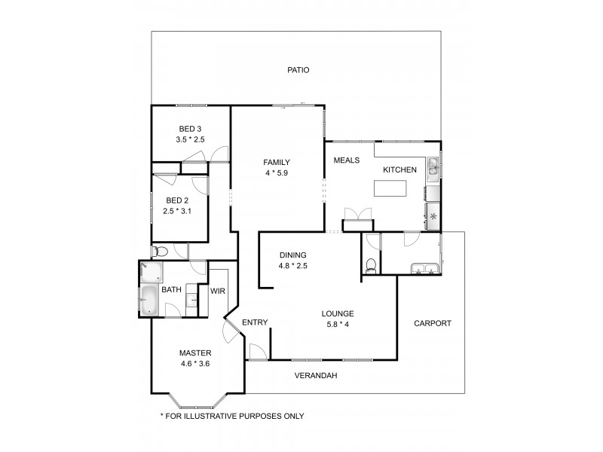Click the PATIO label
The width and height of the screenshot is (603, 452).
298,70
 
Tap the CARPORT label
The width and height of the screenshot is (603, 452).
433,323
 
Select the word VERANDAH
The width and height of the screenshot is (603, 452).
316,375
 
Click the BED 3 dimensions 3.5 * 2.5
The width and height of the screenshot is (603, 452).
190,139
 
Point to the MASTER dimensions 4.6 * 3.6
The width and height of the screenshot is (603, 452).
194,364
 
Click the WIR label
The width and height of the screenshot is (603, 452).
219,290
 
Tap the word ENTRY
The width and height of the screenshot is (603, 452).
255,322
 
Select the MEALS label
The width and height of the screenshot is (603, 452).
347,160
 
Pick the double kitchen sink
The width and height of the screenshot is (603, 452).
434,171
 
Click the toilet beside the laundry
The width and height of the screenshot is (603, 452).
369,265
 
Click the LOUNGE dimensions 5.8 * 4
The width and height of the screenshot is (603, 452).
338,325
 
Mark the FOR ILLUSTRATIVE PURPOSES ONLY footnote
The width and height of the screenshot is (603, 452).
232,415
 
